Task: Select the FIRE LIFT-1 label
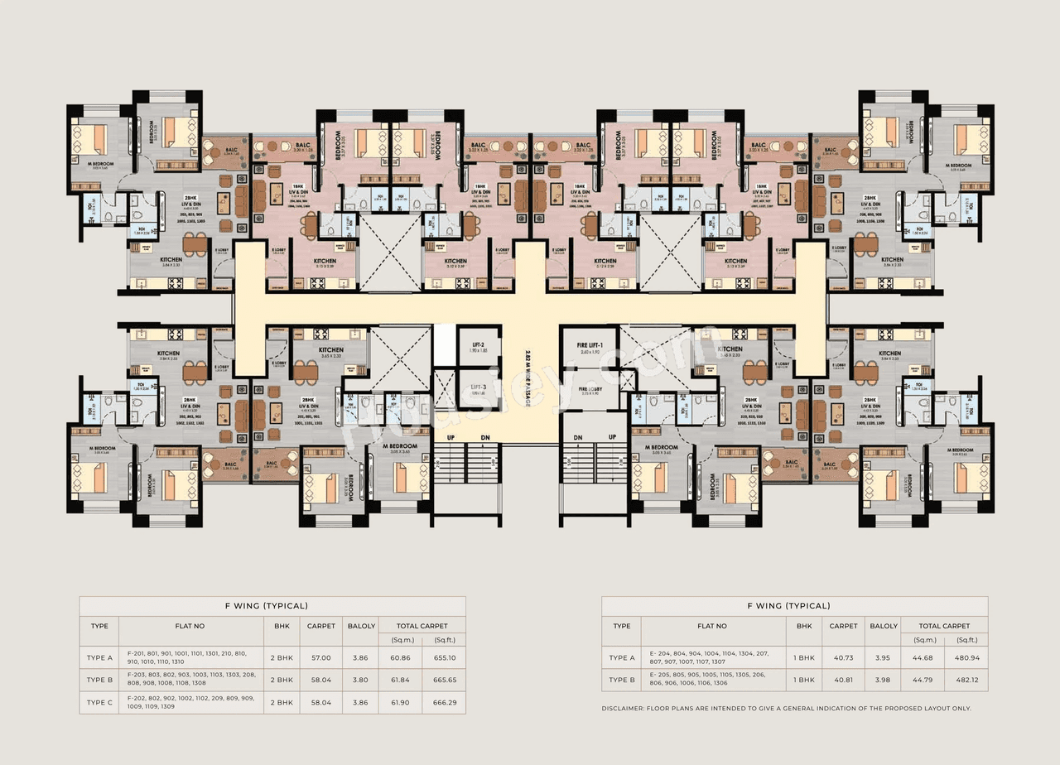pyautogui.click(x=594, y=344)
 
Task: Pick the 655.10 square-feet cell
pyautogui.click(x=444, y=657)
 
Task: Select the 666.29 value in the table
pyautogui.click(x=444, y=702)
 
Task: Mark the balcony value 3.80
pyautogui.click(x=361, y=680)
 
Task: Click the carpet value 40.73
pyautogui.click(x=843, y=657)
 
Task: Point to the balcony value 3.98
pyautogui.click(x=884, y=680)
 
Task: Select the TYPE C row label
pyautogui.click(x=99, y=702)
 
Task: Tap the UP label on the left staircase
pyautogui.click(x=451, y=437)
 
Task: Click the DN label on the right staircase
pyautogui.click(x=579, y=437)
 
